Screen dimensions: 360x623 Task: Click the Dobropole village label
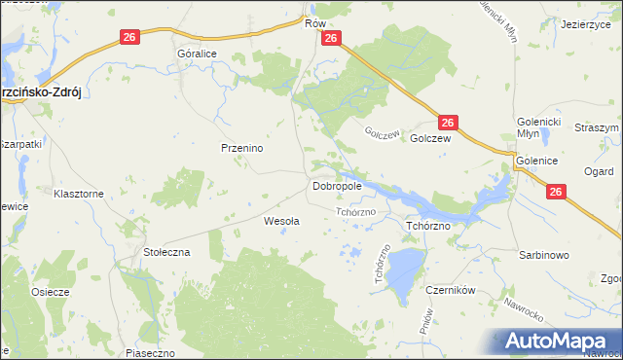pyautogui.click(x=338, y=185)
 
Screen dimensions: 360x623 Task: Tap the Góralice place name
pyautogui.click(x=197, y=55)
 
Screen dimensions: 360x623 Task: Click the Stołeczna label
pyautogui.click(x=167, y=251)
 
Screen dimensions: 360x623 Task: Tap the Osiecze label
pyautogui.click(x=50, y=293)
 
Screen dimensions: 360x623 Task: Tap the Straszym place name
pyautogui.click(x=597, y=128)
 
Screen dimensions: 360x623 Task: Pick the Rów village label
pyautogui.click(x=313, y=21)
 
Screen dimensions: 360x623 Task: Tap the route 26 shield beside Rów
pyautogui.click(x=331, y=38)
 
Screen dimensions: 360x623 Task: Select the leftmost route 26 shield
pyautogui.click(x=130, y=37)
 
